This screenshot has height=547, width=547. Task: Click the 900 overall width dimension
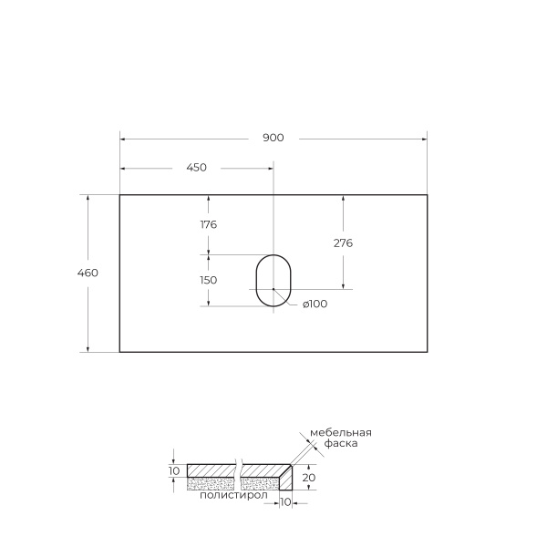point(273,138)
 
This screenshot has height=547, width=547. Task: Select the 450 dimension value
point(196,167)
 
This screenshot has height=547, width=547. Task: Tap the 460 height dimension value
point(88,273)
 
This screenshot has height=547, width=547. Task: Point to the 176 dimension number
point(208,224)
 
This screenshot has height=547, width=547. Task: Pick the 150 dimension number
point(208,280)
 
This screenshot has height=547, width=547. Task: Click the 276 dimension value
point(343,243)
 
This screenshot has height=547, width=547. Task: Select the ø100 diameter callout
point(314,304)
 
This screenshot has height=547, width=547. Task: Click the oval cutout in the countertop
point(272,280)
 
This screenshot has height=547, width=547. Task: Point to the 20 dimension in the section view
point(309,477)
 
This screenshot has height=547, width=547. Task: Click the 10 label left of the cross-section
point(175,470)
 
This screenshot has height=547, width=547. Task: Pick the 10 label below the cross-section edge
point(285,502)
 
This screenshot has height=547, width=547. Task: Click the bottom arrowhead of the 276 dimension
point(343,284)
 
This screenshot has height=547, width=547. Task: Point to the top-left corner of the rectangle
point(119,194)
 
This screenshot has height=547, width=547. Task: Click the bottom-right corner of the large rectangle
point(428,352)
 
